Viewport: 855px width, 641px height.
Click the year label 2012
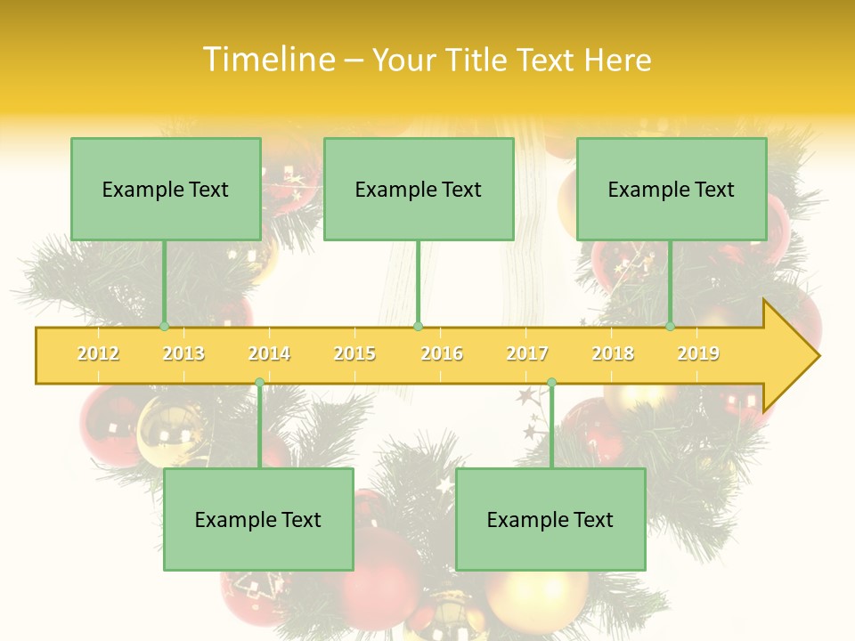98,353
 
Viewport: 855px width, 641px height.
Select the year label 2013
183,353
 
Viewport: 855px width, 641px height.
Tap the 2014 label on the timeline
269,353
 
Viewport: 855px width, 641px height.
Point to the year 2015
354,353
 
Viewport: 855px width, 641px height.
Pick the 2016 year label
442,353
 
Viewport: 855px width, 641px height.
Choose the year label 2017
527,353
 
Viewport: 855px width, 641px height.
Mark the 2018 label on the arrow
613,353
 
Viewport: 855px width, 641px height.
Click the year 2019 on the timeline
698,353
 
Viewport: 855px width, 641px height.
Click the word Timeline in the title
267,60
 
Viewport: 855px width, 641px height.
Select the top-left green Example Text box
166,189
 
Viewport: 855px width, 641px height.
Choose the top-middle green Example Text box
419,189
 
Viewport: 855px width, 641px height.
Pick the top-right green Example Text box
672,189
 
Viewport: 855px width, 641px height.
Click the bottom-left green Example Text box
258,519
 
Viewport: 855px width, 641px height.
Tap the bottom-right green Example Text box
550,519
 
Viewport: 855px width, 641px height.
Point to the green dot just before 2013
164,326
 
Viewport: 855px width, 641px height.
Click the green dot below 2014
259,383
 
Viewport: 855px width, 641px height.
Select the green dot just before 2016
418,326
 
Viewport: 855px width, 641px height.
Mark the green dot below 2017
551,383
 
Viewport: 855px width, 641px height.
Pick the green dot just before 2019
671,326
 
